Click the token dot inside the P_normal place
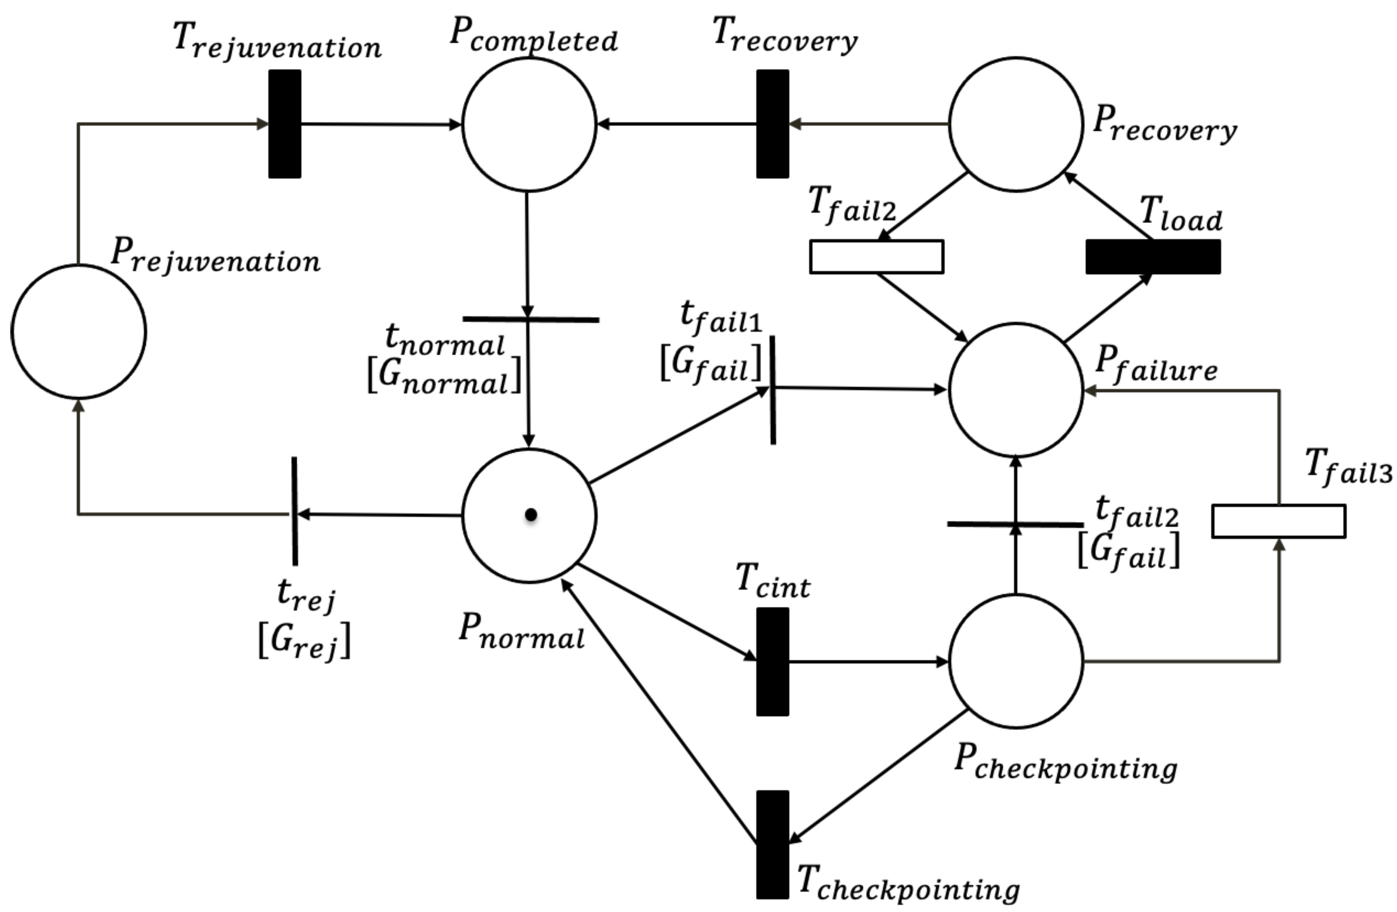[531, 515]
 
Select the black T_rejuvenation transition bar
[285, 124]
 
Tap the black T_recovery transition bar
[772, 124]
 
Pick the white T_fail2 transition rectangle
[876, 257]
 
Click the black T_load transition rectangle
[1153, 257]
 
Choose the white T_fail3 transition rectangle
[1279, 521]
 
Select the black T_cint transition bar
[772, 662]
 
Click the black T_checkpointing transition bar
[772, 844]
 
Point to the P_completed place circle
[529, 124]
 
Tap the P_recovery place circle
[1016, 124]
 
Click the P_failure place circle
[1016, 390]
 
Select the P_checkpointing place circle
[1016, 662]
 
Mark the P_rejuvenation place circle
[78, 332]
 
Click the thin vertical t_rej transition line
[294, 511]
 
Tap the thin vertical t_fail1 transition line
[772, 390]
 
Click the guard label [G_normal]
[444, 376]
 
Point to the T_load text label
[1181, 217]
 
